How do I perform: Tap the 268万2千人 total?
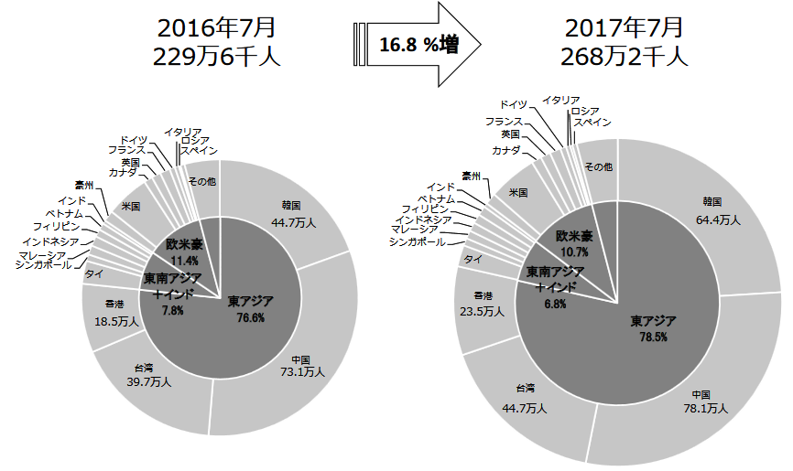[624, 57]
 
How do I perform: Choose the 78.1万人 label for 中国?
[704, 409]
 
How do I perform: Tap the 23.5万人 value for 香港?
[483, 311]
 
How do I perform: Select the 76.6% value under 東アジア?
[250, 318]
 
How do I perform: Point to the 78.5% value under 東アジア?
[653, 337]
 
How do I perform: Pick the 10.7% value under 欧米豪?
[573, 251]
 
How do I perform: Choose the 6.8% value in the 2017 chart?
[555, 304]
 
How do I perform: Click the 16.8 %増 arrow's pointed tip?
[480, 43]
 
